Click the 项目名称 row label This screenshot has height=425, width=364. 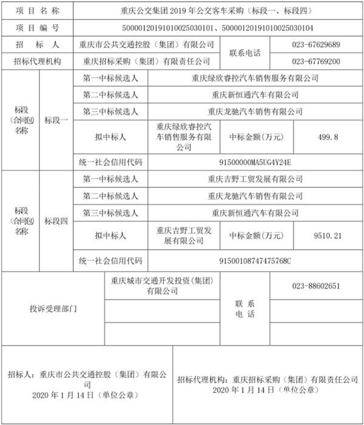[x=38, y=10]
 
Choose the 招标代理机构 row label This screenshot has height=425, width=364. [x=38, y=62]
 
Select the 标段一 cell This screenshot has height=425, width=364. [x=56, y=120]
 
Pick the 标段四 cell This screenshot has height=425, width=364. [x=56, y=221]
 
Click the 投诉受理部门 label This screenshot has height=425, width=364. [x=53, y=309]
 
